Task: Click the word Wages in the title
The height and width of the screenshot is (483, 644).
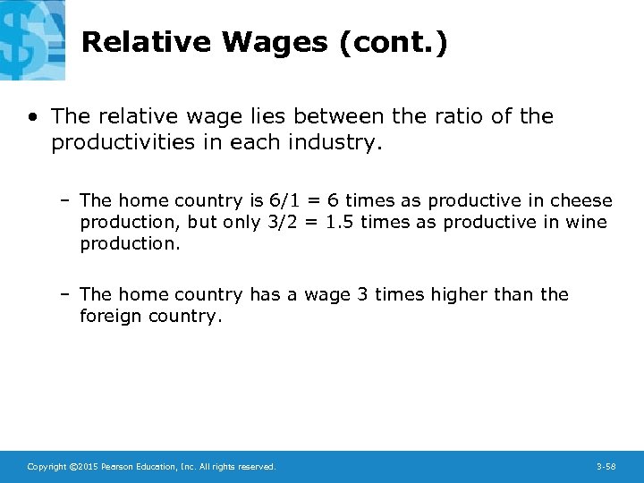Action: click(x=275, y=42)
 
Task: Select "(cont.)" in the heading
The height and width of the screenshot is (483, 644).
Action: click(x=394, y=42)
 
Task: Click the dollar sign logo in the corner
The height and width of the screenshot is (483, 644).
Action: click(x=31, y=40)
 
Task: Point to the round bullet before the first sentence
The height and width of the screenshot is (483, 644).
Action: click(x=33, y=117)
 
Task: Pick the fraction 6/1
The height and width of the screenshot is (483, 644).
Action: click(x=286, y=200)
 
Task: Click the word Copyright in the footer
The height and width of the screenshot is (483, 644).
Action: click(x=46, y=467)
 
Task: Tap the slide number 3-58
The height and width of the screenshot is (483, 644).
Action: click(x=606, y=467)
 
